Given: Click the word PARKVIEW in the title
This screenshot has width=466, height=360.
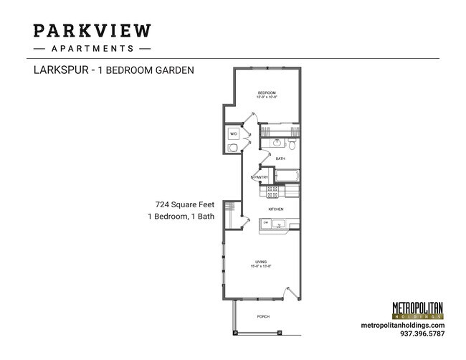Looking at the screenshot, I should click(92, 31).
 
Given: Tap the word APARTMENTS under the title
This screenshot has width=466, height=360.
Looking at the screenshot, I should click(92, 49).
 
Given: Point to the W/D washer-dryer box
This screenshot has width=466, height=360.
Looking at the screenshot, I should click(234, 134).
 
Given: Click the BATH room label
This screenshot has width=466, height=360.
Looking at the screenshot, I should click(280, 158).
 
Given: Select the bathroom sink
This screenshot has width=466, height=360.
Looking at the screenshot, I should click(275, 141).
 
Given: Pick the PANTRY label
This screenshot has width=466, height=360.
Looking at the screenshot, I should click(260, 177).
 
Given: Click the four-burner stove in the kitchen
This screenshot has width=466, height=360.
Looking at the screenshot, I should click(272, 192).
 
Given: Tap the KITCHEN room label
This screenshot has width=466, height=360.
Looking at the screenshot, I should click(276, 209).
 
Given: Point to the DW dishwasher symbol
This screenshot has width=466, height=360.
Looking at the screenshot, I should click(266, 224).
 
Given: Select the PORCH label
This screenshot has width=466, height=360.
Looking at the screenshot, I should click(263, 316).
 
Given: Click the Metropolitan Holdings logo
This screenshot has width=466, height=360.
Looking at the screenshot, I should click(418, 310).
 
